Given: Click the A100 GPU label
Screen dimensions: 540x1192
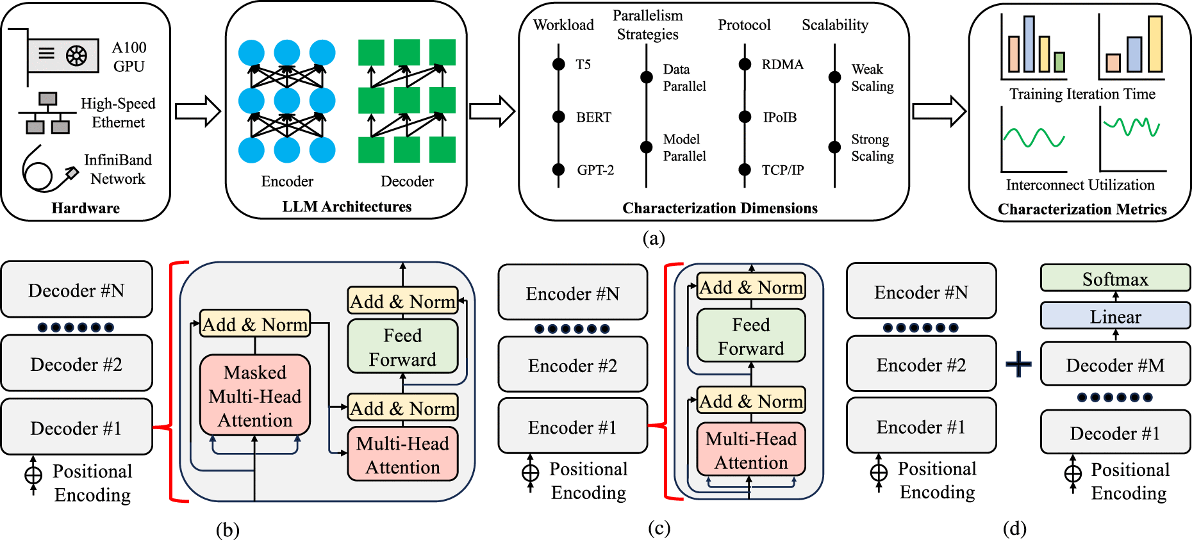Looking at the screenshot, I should tap(129, 57).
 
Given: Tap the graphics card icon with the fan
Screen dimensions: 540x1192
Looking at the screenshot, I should tap(63, 56).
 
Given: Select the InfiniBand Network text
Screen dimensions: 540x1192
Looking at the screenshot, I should tap(118, 169).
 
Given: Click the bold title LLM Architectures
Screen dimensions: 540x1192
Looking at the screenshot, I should tap(347, 207).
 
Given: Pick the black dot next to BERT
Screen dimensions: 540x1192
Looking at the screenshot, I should tap(559, 117).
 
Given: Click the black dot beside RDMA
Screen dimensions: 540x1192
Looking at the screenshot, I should tap(745, 64).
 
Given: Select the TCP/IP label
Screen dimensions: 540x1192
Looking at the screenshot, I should tap(782, 170).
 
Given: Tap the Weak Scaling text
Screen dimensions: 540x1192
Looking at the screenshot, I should tap(872, 78).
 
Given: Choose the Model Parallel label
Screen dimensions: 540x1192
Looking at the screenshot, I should tap(684, 147).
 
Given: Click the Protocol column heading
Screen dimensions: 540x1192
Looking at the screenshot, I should tap(744, 25).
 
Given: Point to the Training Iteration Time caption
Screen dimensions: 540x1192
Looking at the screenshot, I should tap(1082, 94).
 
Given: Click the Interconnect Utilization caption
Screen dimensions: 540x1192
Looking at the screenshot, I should tap(1080, 185).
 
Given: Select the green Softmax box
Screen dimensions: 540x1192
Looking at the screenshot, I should tap(1115, 279).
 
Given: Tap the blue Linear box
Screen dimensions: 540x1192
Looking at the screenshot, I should tap(1115, 316).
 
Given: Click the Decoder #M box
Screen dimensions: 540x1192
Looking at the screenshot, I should tap(1115, 365).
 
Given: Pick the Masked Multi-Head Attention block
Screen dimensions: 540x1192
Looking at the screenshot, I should tap(255, 396).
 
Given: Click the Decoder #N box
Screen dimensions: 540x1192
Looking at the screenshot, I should tap(76, 290).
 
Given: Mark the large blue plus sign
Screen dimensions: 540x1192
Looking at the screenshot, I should tap(1018, 364).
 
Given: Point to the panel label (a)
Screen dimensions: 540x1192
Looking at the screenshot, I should tap(653, 239).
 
